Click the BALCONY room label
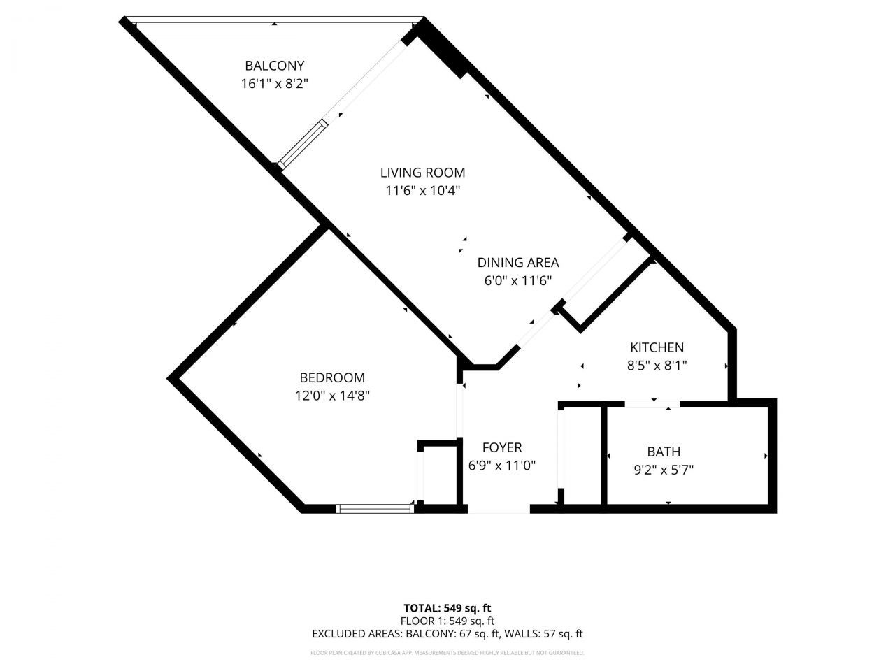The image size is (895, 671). click(x=274, y=66)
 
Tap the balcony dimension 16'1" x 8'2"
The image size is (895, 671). click(x=274, y=84)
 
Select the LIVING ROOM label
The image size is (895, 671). click(x=422, y=173)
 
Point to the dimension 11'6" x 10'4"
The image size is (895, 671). click(x=422, y=190)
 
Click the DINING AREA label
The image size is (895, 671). click(x=518, y=263)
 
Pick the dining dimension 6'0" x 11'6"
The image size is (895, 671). click(x=518, y=281)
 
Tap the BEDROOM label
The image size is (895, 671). click(x=332, y=377)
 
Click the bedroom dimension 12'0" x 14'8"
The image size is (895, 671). click(x=332, y=396)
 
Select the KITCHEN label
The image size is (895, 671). click(x=657, y=347)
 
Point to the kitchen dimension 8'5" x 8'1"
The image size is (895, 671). click(x=657, y=365)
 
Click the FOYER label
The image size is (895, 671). click(x=502, y=447)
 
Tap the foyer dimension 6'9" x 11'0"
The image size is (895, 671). click(x=502, y=466)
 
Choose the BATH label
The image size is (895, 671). click(x=664, y=452)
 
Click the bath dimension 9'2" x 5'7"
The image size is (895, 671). click(x=664, y=470)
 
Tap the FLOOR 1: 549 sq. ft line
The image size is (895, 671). click(x=447, y=621)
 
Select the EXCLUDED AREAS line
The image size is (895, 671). click(x=447, y=634)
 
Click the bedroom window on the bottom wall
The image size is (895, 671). click(x=374, y=509)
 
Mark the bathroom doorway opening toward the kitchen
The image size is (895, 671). click(x=652, y=403)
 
